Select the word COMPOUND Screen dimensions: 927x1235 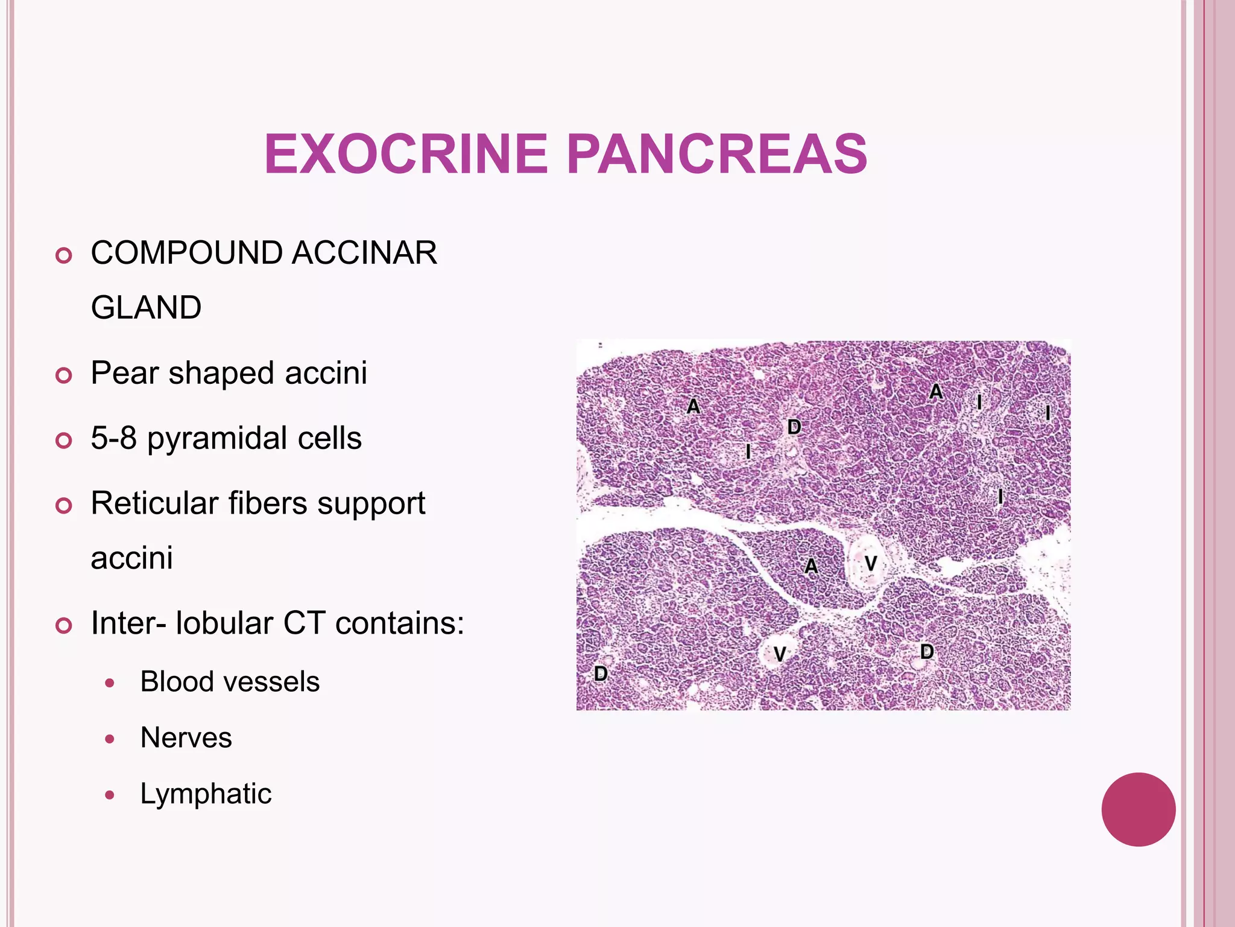pos(186,252)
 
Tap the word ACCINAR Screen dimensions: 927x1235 pos(364,252)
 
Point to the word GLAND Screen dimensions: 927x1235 pos(146,307)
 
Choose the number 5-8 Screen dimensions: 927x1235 pos(113,438)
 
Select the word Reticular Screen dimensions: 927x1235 pos(153,503)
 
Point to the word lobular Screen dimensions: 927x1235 pos(224,623)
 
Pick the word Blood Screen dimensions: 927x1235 pos(168,682)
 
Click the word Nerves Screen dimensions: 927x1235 pos(186,737)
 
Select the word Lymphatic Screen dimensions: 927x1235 pos(206,794)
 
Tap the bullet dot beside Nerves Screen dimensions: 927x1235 pos(109,739)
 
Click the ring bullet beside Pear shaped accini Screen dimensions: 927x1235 pos(63,375)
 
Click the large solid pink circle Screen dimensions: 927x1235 pos(1138,809)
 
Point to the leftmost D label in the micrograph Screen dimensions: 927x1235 pos(601,674)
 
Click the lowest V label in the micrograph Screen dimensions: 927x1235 pos(780,654)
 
